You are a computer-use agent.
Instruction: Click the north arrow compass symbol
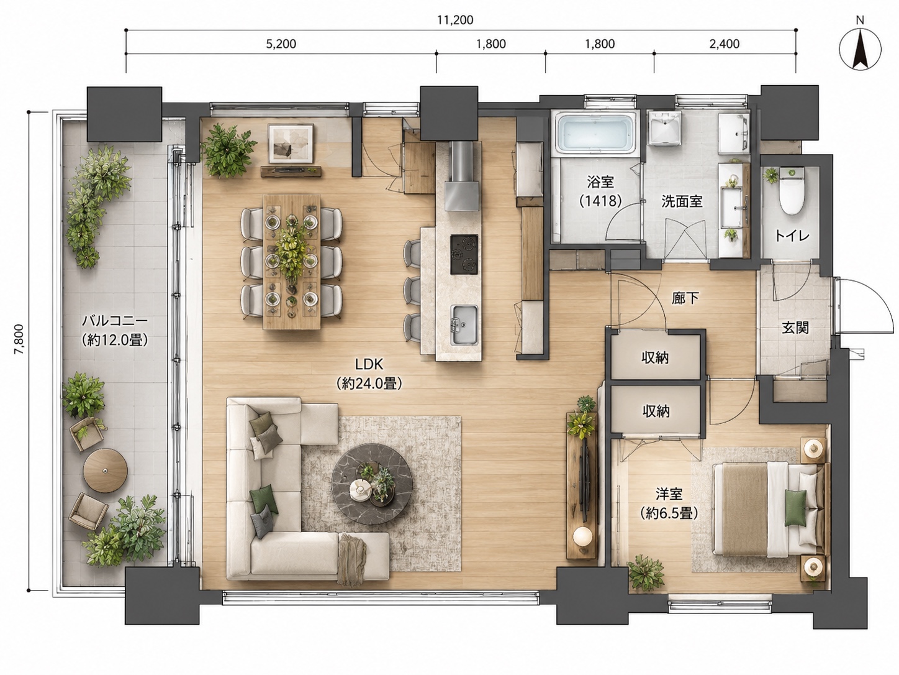[860, 48]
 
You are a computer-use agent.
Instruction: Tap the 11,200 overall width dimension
[454, 20]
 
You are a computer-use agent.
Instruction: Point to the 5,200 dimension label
[281, 44]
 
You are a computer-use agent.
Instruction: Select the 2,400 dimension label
[725, 44]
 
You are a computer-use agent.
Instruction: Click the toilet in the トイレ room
[792, 192]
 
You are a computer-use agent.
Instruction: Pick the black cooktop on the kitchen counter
[464, 254]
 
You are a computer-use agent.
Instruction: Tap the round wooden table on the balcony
[106, 471]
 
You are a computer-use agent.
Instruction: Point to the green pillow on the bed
[795, 508]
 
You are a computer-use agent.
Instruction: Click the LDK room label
[369, 364]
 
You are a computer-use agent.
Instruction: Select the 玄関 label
[795, 328]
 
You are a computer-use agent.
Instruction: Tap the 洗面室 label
[682, 201]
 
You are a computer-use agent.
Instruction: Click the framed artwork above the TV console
[291, 143]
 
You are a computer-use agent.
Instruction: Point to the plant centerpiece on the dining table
[292, 254]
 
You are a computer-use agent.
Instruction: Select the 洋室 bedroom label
[669, 494]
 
